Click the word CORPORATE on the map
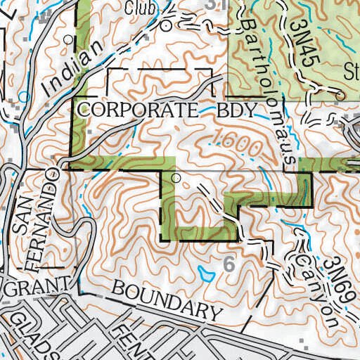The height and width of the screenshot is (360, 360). [136, 110]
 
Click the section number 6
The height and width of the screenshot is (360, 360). [228, 264]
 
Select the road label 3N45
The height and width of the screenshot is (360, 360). [303, 43]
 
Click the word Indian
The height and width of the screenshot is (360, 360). [64, 73]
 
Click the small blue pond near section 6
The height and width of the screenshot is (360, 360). [207, 272]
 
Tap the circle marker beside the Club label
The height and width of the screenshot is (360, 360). [166, 25]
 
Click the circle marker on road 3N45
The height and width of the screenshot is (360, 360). [340, 96]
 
